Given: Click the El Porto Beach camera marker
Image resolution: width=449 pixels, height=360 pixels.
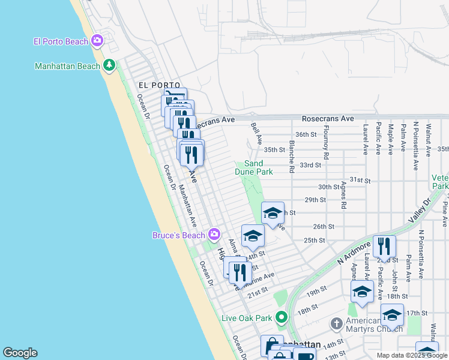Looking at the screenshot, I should (97, 41).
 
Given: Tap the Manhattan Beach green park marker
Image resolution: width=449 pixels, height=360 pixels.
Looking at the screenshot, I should (109, 65).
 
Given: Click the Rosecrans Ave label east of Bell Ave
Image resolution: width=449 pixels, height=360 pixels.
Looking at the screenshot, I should (327, 119).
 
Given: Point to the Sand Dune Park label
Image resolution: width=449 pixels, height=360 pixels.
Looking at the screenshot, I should (258, 167).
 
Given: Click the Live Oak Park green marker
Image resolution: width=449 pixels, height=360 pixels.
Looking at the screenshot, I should (280, 317).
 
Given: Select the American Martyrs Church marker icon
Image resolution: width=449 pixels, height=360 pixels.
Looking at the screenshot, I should (337, 324).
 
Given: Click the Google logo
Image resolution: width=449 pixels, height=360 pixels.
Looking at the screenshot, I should (20, 353).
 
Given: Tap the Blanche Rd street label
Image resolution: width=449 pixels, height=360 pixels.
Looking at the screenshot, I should (291, 157).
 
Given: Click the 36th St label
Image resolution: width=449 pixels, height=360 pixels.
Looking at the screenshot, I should (306, 134).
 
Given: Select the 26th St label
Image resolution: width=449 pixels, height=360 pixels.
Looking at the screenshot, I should (323, 226).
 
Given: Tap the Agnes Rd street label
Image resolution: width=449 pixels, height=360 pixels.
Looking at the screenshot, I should (343, 195).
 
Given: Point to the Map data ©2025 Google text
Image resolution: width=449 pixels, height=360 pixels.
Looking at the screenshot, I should (412, 355).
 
